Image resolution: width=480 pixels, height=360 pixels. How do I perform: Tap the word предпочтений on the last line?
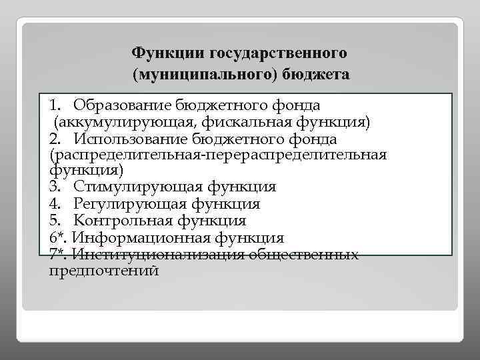coord(104,271)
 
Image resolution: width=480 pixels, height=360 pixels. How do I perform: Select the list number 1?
coord(54,105)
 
